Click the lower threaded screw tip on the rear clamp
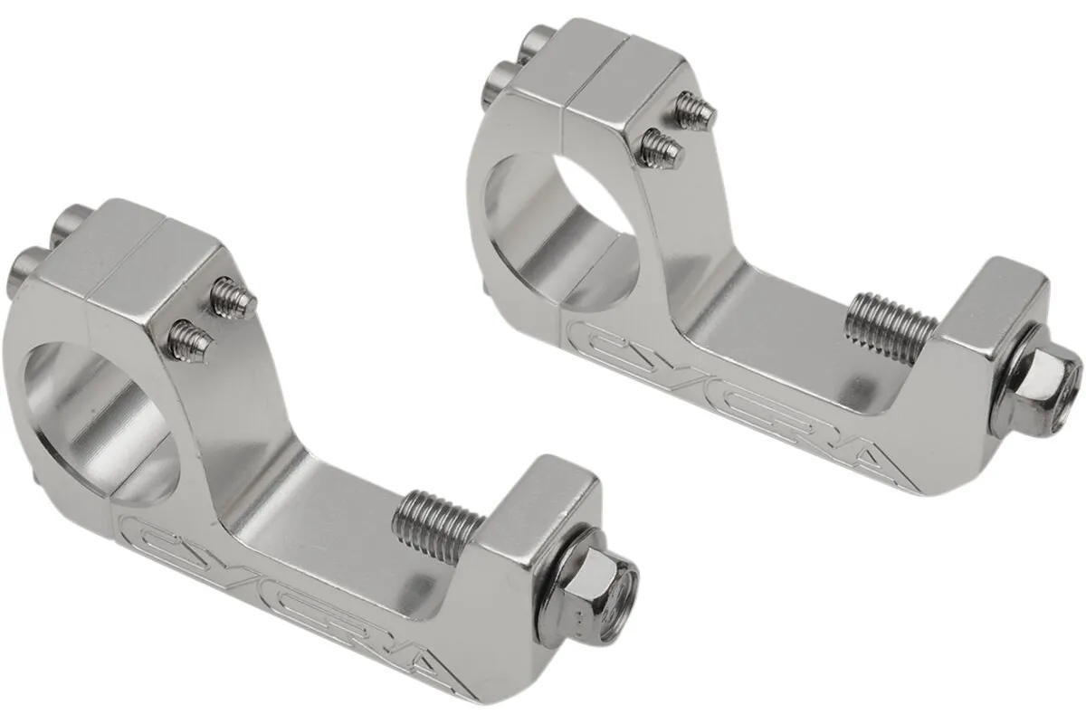click(x=659, y=147)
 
